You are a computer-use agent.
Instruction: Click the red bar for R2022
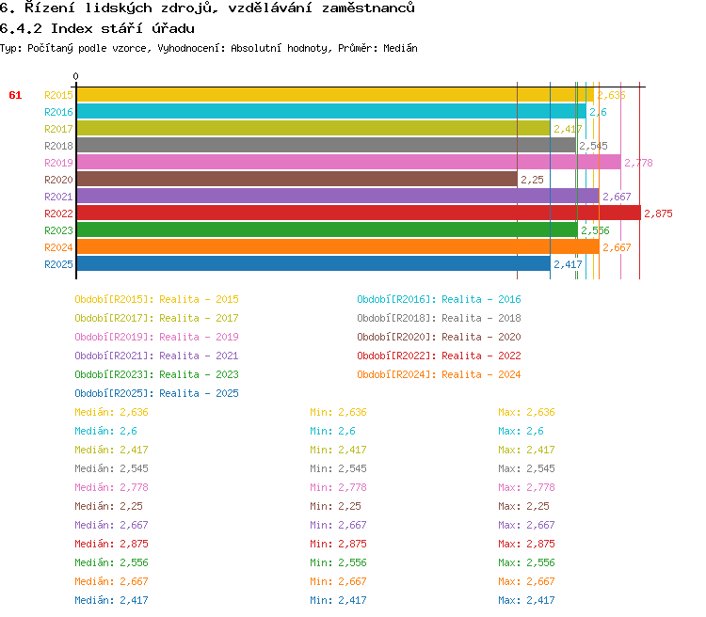click(358, 214)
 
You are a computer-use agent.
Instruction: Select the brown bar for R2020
click(297, 180)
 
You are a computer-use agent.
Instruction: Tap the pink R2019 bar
click(348, 163)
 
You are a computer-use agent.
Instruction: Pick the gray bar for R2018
click(326, 146)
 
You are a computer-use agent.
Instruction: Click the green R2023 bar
click(327, 230)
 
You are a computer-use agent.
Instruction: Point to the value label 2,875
click(658, 214)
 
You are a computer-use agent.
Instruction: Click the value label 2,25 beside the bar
click(532, 180)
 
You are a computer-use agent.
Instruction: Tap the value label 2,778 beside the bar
click(638, 163)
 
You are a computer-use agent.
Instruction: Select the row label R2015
click(58, 95)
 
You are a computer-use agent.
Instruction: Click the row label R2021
click(58, 197)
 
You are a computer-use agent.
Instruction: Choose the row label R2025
click(58, 264)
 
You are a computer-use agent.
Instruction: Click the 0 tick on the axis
click(76, 77)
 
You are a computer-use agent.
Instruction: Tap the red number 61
click(15, 95)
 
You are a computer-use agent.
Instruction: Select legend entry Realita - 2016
click(439, 299)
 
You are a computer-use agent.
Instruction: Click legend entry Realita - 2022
click(439, 356)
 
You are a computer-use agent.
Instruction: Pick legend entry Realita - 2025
click(156, 393)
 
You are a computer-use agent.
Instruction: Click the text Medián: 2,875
click(111, 544)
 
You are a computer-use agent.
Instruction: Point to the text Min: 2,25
click(335, 506)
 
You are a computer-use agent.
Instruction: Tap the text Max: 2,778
click(526, 487)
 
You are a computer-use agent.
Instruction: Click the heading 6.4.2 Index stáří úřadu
click(97, 28)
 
